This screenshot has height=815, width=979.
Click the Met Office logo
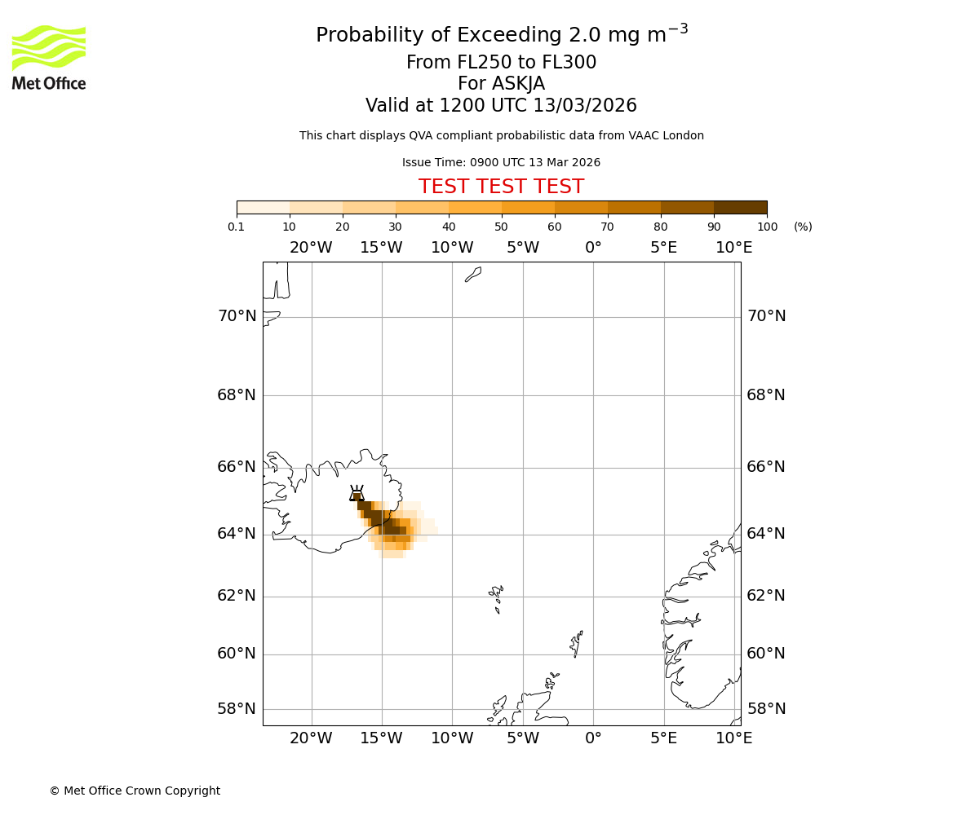tap(49, 57)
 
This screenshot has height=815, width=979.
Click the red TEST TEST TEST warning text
tap(501, 187)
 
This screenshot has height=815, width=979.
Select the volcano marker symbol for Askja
tap(357, 493)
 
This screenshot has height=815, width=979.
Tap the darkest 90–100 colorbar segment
tap(740, 207)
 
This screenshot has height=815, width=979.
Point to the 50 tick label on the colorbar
tap(501, 227)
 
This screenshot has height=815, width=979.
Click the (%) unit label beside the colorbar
tap(803, 227)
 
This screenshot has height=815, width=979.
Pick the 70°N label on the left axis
tap(237, 316)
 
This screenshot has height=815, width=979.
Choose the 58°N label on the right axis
tap(766, 709)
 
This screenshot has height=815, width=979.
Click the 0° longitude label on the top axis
tap(593, 248)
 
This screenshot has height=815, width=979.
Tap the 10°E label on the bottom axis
tap(733, 738)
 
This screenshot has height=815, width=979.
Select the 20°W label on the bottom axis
tap(311, 738)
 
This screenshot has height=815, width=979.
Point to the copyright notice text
tap(135, 791)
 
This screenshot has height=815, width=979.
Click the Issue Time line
tap(501, 162)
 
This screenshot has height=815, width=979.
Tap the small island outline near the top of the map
tap(473, 275)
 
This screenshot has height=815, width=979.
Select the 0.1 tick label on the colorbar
tap(237, 227)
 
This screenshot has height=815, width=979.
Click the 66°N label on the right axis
tap(766, 467)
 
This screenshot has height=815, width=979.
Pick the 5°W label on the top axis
tap(522, 248)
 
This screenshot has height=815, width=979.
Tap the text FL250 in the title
tap(470, 63)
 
